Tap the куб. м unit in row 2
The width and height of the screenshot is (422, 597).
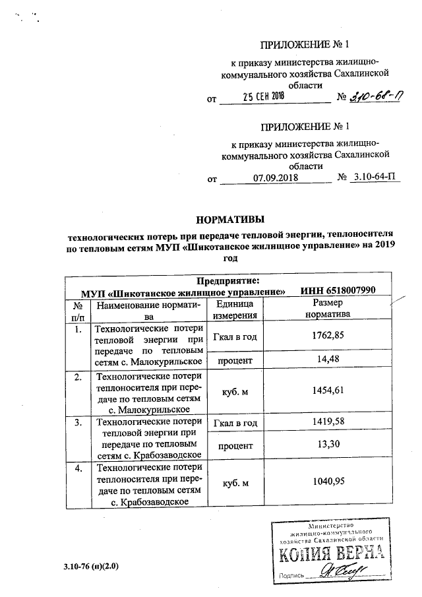point(235,392)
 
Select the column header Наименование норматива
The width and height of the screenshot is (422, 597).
point(147,310)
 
